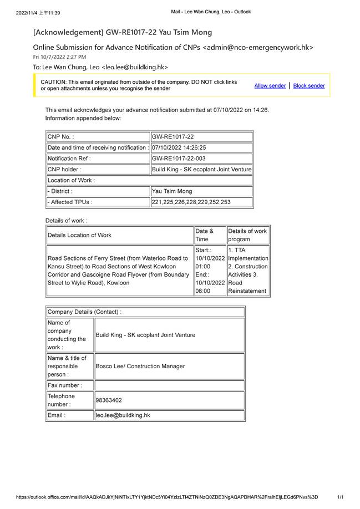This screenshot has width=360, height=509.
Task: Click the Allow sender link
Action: [x=270, y=85]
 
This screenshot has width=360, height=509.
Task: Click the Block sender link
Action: [x=309, y=85]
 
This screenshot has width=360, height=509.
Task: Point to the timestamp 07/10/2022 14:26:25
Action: [x=179, y=147]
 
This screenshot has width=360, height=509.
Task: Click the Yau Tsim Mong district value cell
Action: [x=172, y=191]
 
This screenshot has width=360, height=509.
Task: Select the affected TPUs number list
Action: [x=191, y=202]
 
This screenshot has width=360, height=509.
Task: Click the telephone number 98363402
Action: [x=109, y=400]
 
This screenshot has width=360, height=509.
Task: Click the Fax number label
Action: [x=64, y=385]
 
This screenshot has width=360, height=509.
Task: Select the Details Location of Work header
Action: [x=79, y=235]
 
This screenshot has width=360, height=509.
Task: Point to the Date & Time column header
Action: [x=204, y=235]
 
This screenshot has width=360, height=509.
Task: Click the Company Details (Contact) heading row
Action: [x=84, y=312]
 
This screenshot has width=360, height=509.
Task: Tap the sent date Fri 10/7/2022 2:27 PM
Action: [x=59, y=57]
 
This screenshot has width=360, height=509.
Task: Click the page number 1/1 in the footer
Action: [x=341, y=497]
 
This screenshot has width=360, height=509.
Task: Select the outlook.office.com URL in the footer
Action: [x=167, y=497]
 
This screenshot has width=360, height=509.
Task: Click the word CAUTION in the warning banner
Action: [x=53, y=82]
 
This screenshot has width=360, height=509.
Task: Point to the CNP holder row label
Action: [x=64, y=169]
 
